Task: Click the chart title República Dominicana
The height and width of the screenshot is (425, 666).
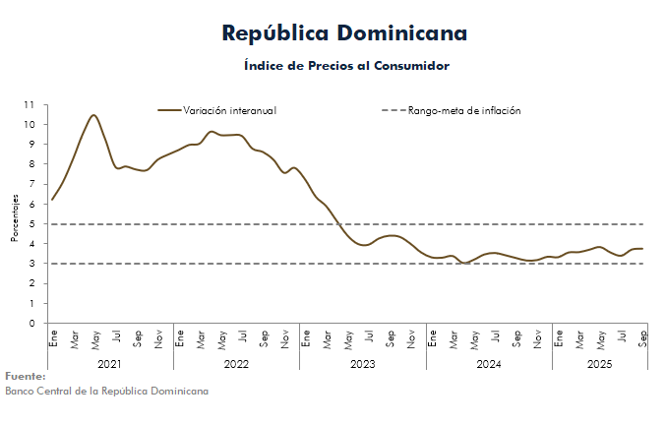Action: tap(344, 33)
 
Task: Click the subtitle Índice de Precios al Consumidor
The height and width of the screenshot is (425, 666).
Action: tap(346, 66)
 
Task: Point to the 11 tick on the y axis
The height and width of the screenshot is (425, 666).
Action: tap(30, 104)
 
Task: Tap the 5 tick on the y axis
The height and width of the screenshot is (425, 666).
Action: tap(32, 223)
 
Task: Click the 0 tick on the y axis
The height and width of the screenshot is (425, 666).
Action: tap(32, 323)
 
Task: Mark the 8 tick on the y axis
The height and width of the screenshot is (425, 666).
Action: tap(32, 164)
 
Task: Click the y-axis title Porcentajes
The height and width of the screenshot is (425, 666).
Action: tap(16, 217)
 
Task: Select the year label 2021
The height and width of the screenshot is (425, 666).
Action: tap(110, 363)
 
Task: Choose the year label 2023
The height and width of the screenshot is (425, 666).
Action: tap(363, 363)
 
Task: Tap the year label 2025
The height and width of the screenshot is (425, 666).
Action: tap(599, 363)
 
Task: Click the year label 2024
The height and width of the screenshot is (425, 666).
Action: tap(489, 363)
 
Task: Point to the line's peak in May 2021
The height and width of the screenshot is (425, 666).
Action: tap(93, 115)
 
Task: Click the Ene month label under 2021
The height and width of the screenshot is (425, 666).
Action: tap(53, 338)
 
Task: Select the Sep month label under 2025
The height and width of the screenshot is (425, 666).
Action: tap(643, 338)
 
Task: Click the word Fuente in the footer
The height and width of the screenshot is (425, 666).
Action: tap(26, 376)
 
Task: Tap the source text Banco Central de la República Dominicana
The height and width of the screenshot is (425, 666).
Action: tap(106, 391)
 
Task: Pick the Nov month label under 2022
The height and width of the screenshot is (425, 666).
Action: tap(285, 338)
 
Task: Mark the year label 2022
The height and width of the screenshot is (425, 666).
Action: tap(236, 363)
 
